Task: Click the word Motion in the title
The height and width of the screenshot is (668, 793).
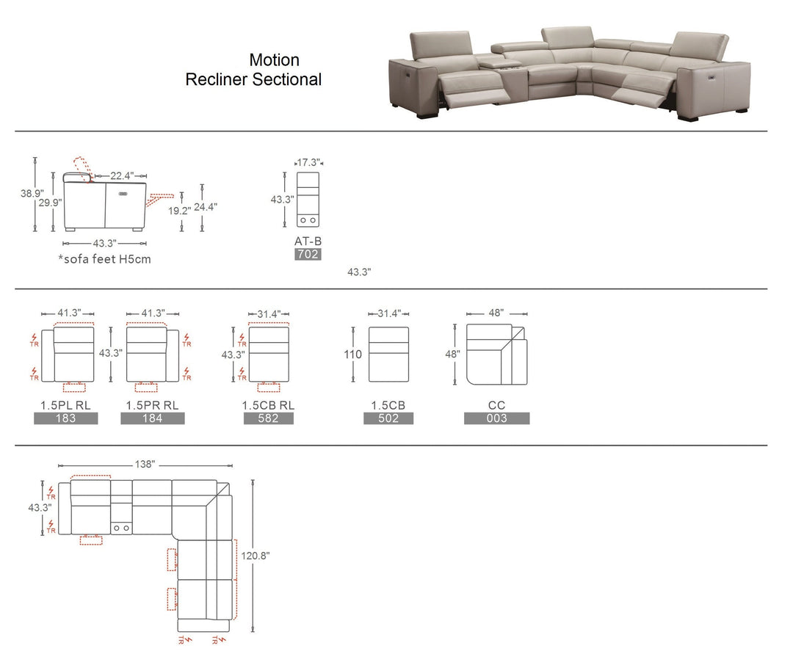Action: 274,59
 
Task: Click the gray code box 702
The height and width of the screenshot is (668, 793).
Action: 307,255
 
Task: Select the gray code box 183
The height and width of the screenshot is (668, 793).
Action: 65,418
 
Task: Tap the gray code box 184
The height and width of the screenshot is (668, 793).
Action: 153,418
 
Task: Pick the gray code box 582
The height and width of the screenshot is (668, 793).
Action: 269,418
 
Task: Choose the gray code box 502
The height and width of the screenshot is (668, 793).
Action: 388,418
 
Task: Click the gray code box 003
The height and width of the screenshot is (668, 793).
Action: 496,418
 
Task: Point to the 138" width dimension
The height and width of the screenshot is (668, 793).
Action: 145,465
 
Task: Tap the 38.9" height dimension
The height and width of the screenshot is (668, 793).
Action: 31,193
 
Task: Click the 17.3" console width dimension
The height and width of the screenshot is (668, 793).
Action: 308,162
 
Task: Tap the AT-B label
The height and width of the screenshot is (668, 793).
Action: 307,241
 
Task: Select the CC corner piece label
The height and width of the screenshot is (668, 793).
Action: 496,405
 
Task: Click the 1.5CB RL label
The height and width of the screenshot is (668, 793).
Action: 268,405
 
